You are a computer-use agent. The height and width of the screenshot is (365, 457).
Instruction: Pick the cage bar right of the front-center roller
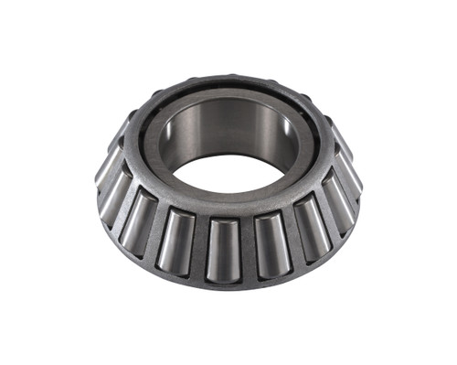pyautogui.click(x=247, y=249)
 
